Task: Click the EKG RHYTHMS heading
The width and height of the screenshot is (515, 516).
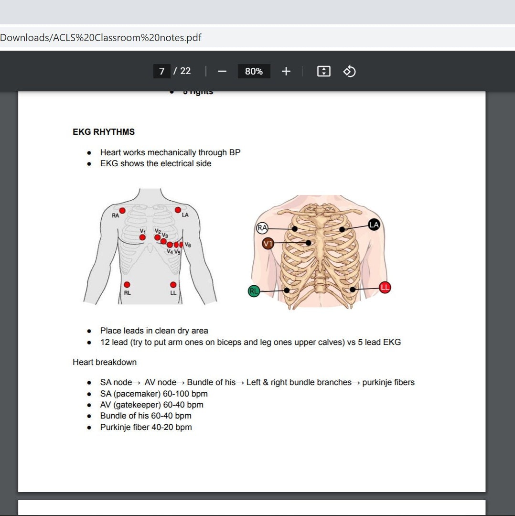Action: [x=104, y=132]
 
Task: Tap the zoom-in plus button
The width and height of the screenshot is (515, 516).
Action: [x=286, y=71]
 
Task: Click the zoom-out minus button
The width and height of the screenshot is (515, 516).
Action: [x=222, y=71]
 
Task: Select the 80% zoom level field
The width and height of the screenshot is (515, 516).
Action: [x=254, y=71]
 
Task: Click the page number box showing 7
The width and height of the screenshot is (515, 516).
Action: [x=161, y=71]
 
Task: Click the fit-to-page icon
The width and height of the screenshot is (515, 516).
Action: [x=323, y=71]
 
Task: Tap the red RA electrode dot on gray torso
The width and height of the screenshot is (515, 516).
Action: [x=122, y=211]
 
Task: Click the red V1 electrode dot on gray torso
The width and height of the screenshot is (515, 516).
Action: [x=142, y=237]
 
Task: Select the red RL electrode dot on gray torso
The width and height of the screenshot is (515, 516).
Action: [x=127, y=285]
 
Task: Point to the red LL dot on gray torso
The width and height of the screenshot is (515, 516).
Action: [x=173, y=285]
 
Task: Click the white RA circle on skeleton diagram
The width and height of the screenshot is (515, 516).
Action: [x=262, y=228]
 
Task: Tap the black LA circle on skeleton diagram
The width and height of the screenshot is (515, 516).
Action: [x=374, y=224]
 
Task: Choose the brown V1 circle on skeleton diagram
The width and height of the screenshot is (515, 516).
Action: [x=268, y=244]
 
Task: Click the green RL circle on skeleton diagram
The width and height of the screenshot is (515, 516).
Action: [x=254, y=290]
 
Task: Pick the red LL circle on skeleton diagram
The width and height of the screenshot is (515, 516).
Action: [x=385, y=287]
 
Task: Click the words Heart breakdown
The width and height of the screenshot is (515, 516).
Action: [x=105, y=362]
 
